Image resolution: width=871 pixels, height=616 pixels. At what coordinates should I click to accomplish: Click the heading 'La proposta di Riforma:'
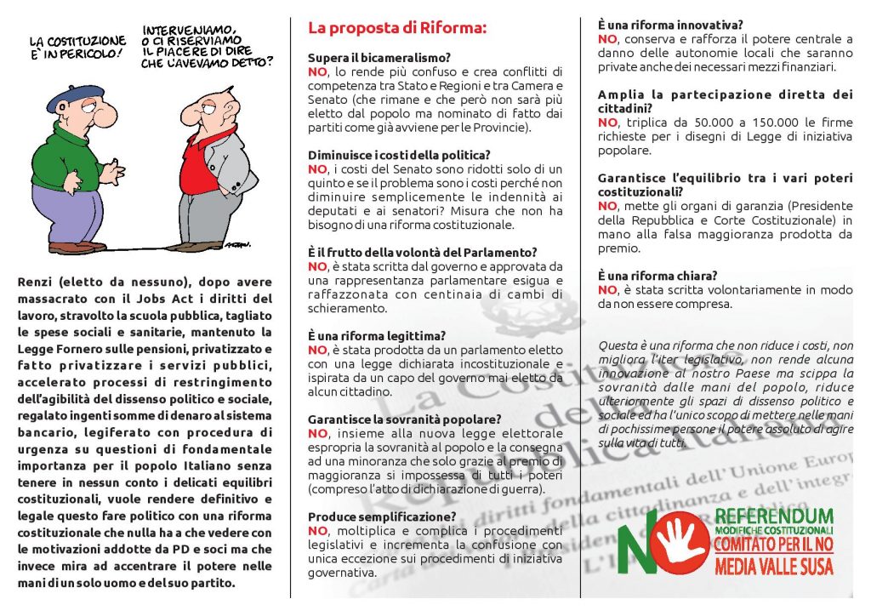(x=397, y=28)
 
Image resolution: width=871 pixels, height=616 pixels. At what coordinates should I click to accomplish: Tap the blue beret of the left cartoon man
(x=74, y=99)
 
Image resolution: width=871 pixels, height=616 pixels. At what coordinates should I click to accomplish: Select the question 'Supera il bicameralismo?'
(x=379, y=58)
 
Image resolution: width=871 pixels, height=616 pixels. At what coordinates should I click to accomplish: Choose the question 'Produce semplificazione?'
(x=382, y=516)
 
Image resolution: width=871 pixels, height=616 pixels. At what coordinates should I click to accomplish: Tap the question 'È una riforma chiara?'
(x=658, y=276)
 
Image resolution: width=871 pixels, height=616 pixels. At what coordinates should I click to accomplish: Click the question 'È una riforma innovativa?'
(x=671, y=25)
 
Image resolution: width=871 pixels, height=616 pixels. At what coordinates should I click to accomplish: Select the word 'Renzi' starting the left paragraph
(x=37, y=282)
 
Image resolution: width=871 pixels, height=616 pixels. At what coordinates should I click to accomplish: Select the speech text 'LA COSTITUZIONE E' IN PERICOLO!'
(x=77, y=48)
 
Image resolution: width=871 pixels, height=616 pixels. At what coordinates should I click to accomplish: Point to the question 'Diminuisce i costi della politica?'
(x=399, y=155)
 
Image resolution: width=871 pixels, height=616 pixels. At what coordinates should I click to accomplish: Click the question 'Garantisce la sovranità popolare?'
(x=405, y=419)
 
